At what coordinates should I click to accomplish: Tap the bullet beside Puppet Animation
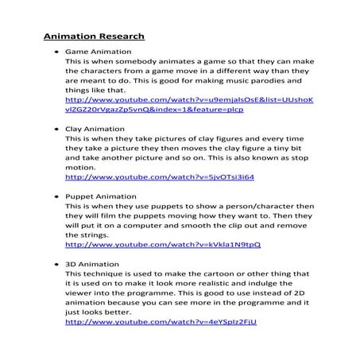pyautogui.click(x=50, y=195)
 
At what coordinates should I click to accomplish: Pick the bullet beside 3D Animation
pyautogui.click(x=50, y=263)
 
